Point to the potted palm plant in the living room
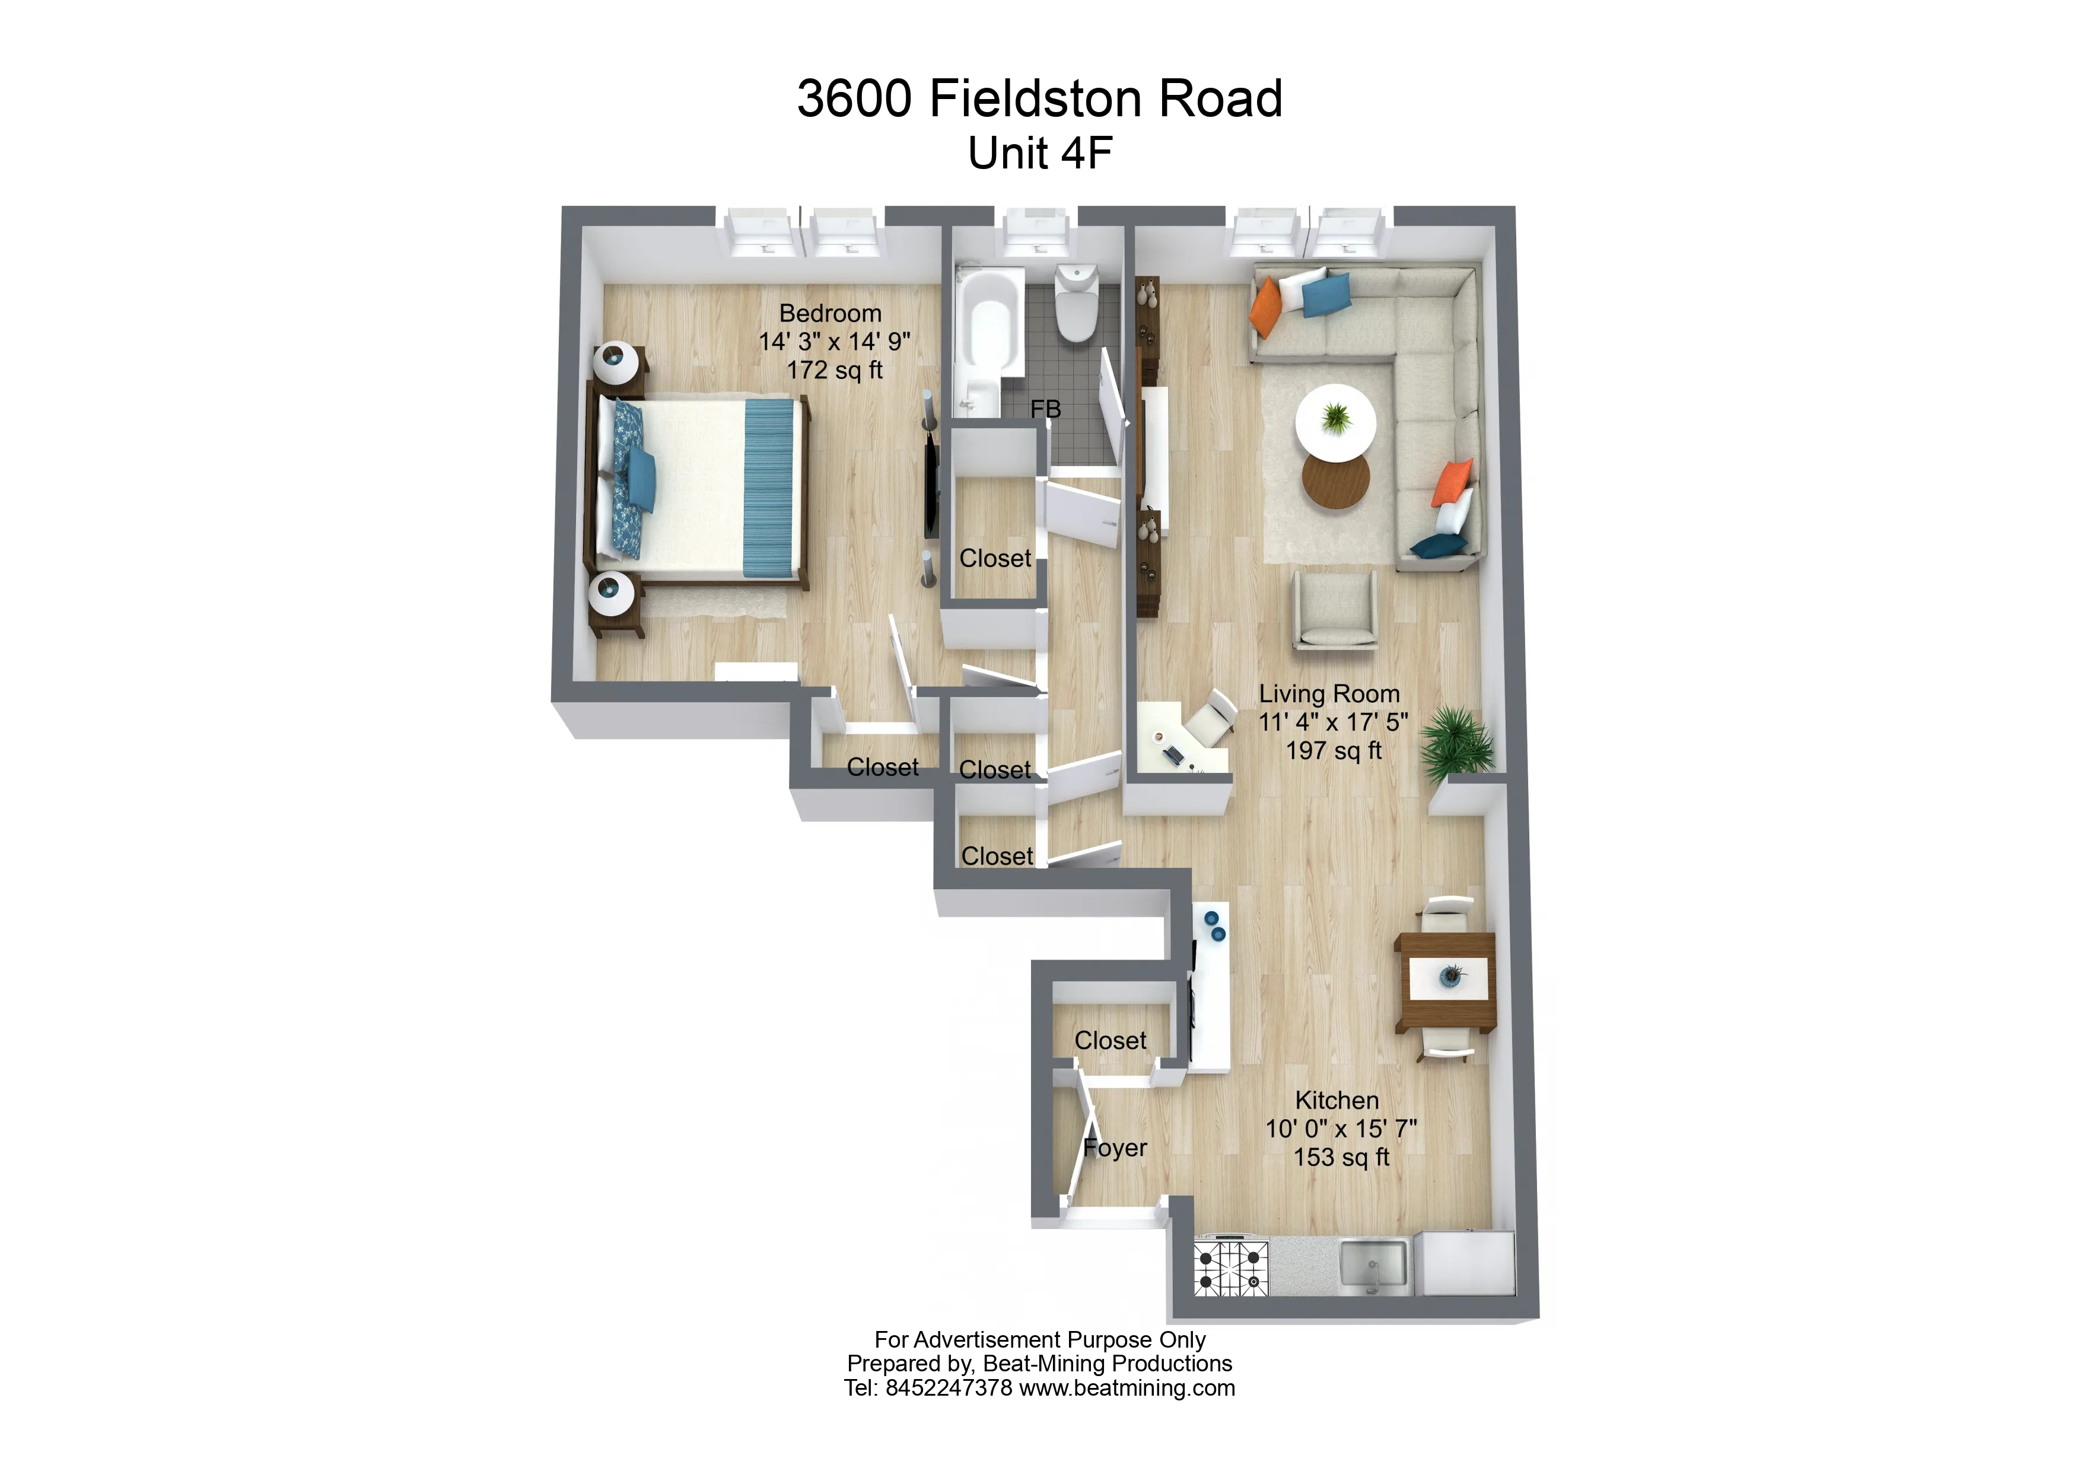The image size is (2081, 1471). pyautogui.click(x=1458, y=743)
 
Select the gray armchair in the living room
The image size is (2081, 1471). pyautogui.click(x=1334, y=609)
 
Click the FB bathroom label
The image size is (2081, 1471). pyautogui.click(x=1045, y=410)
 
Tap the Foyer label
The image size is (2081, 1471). pyautogui.click(x=1116, y=1148)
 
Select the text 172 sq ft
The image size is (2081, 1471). pyautogui.click(x=835, y=371)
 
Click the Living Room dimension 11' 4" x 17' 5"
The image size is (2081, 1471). pyautogui.click(x=1334, y=722)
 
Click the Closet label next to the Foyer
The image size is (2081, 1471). pyautogui.click(x=1110, y=1040)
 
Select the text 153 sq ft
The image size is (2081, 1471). pyautogui.click(x=1341, y=1157)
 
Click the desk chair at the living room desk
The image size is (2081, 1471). pyautogui.click(x=1211, y=715)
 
